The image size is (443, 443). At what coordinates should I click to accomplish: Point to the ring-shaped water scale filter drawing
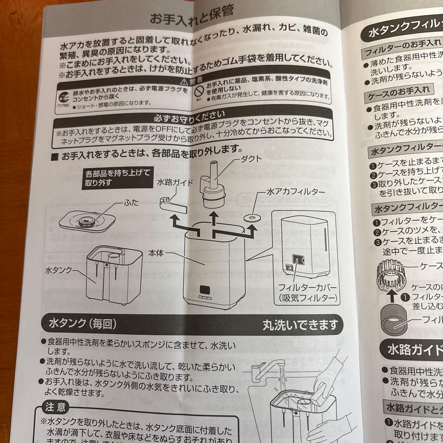[x=251, y=216]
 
